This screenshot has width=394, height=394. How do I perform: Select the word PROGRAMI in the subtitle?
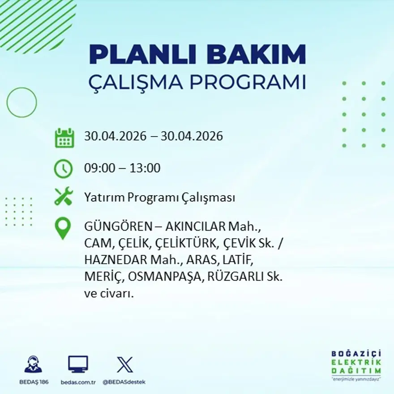pyautogui.click(x=248, y=82)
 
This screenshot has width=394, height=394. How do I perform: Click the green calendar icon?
pyautogui.click(x=64, y=138)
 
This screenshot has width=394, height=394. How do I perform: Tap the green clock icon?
pyautogui.click(x=63, y=168)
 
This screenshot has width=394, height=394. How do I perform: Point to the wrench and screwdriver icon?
pyautogui.click(x=64, y=196)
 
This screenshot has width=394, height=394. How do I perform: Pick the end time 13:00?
pyautogui.click(x=145, y=168)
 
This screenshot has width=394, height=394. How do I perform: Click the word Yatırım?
pyautogui.click(x=104, y=197)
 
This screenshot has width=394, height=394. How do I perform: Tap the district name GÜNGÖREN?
pyautogui.click(x=118, y=226)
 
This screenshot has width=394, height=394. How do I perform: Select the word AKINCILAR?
pyautogui.click(x=195, y=227)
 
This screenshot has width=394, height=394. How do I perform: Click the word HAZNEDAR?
pyautogui.click(x=116, y=260)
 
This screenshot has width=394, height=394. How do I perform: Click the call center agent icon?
pyautogui.click(x=34, y=364)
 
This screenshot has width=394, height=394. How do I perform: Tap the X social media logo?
pyautogui.click(x=125, y=364)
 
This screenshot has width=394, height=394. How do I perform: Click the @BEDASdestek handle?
pyautogui.click(x=124, y=382)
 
